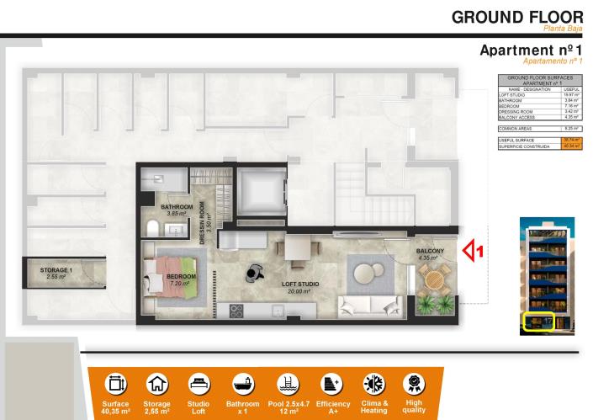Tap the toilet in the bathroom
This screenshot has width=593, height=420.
coord(152,230)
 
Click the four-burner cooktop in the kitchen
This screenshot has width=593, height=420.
coord(236,310)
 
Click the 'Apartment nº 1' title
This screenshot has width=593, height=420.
coord(531,51)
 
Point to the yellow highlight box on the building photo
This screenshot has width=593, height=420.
coord(537,321)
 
